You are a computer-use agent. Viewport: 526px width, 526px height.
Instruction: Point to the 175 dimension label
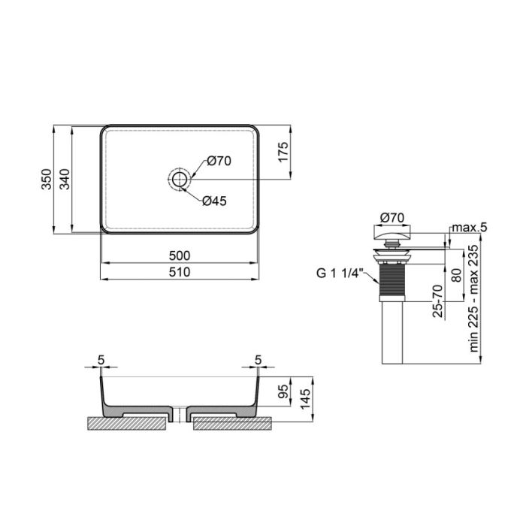coord(283,153)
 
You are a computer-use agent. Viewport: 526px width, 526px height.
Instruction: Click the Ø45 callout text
coord(215,201)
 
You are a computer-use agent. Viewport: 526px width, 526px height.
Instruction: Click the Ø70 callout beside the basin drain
coord(218,160)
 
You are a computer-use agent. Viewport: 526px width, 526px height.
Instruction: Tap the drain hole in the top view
coord(180,179)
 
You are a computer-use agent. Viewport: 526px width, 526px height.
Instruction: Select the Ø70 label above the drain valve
coord(391,218)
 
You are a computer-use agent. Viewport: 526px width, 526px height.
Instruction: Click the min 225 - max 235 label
coord(474,301)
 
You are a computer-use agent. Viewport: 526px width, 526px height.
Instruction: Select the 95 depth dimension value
coord(283,392)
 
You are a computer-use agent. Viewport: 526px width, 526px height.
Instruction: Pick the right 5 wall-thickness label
coord(258,360)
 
